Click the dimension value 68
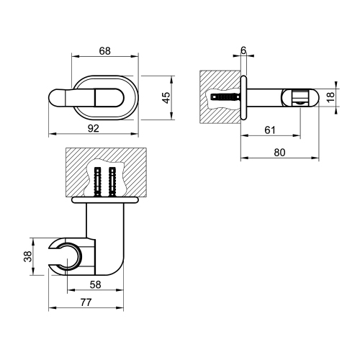point(105,50)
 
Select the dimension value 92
point(94,127)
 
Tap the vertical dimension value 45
point(167,98)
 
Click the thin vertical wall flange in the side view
point(243,96)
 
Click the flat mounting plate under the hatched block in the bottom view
point(105,198)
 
